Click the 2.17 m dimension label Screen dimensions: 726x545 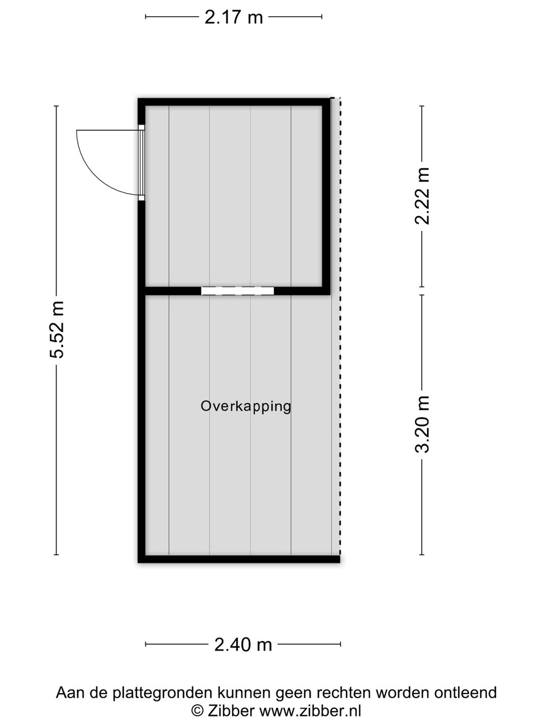pos(234,18)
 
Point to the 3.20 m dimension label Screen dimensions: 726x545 pos(422,424)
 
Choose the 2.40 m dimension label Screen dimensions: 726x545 pos(243,644)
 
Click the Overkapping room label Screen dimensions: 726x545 pos(246,406)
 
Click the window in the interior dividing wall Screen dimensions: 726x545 pos(237,291)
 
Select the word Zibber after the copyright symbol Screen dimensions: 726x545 pos(230,711)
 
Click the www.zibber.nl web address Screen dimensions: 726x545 pos(310,711)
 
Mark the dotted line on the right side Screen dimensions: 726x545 pos(340,328)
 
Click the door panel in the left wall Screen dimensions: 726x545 pos(142,162)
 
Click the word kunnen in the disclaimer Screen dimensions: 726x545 pos(244,693)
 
